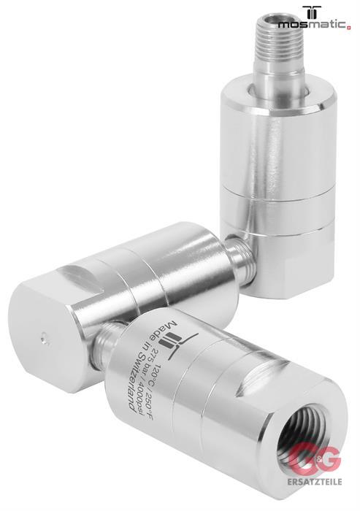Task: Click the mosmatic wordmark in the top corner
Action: click(313, 24)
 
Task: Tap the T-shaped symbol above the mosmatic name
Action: click(312, 12)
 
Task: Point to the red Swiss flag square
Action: click(349, 28)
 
